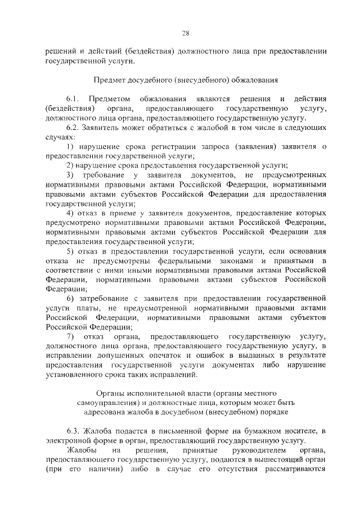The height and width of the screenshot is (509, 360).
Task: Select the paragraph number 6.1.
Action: [73, 99]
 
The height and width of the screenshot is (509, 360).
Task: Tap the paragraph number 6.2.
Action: [73, 128]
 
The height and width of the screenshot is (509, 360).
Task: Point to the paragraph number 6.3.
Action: [73, 431]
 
